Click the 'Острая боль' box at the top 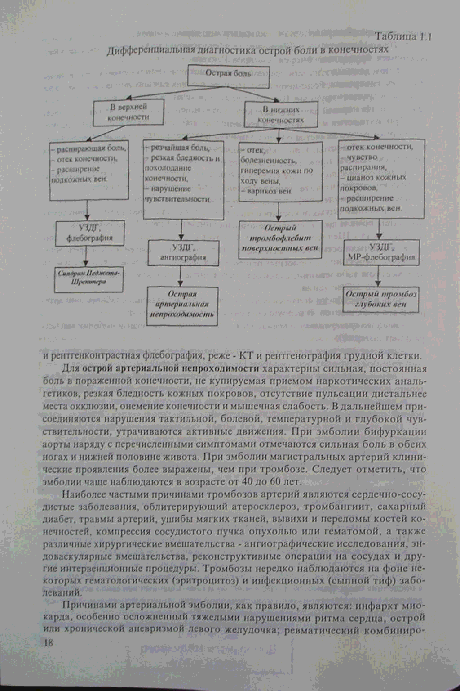[x=228, y=77]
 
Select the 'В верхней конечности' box [x=128, y=112]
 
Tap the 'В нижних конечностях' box [x=281, y=115]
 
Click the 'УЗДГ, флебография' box [x=90, y=233]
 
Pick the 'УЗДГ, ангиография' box [x=183, y=252]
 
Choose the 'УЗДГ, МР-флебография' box [x=381, y=252]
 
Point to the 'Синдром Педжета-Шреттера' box [x=90, y=278]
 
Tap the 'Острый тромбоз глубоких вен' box [x=381, y=299]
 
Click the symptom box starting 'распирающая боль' [x=89, y=170]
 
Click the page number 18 [x=48, y=642]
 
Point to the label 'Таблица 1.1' [x=403, y=37]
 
